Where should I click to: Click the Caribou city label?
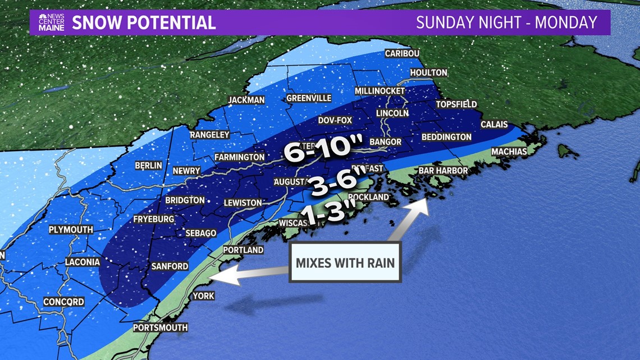pos(403,54)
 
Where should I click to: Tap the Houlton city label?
pos(428,72)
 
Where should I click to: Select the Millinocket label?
pos(380,91)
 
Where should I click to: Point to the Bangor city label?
pos(386,142)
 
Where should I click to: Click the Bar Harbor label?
pos(443,170)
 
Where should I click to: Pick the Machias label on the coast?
pos(509,152)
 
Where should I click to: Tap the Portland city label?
pos(243,250)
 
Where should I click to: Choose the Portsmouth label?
pos(161,327)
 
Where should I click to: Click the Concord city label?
pos(63,302)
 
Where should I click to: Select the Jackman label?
pos(246,100)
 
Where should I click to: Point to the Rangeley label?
pos(209,135)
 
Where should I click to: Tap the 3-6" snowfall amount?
pos(335,184)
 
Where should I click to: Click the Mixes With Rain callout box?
pos(345,262)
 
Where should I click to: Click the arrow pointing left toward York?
pos(247,274)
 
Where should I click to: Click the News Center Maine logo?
pos(51,22)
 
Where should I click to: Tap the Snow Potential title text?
pos(144,22)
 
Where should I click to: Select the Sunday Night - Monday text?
pos(506,22)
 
